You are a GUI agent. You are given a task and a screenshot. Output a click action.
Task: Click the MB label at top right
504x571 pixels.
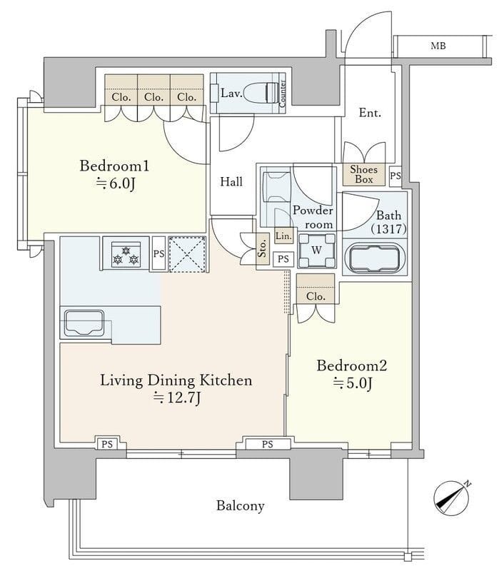[438, 46]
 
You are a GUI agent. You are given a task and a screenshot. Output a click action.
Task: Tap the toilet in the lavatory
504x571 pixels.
[260, 94]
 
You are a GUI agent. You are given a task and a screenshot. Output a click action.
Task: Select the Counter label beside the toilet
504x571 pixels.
[283, 94]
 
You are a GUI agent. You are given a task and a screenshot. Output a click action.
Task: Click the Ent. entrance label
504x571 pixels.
[370, 113]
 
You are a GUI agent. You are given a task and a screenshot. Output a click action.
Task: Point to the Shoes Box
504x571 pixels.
[364, 174]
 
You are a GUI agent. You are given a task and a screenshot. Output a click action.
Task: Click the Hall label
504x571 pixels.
[231, 181]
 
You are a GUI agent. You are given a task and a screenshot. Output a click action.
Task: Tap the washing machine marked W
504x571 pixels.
[317, 251]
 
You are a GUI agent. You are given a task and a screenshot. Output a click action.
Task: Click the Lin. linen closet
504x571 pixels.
[283, 236]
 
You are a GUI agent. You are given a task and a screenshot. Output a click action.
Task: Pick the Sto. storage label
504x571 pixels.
[263, 249]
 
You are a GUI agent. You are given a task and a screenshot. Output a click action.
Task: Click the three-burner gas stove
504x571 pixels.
[126, 254]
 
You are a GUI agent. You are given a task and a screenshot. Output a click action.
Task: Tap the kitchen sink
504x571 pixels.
[84, 323]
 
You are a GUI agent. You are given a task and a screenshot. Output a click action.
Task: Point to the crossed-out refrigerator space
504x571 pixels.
[188, 254]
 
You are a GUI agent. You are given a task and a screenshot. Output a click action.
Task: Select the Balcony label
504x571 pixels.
[241, 506]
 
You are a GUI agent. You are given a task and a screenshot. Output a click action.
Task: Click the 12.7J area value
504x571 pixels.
[177, 398]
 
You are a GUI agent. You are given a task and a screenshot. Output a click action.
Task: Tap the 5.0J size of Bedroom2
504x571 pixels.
[352, 383]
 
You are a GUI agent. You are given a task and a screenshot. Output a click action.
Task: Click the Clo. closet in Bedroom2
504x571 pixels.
[316, 289]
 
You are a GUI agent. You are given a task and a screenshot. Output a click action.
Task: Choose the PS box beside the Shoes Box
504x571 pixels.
[395, 176]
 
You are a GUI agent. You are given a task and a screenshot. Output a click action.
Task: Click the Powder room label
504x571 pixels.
[313, 218]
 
